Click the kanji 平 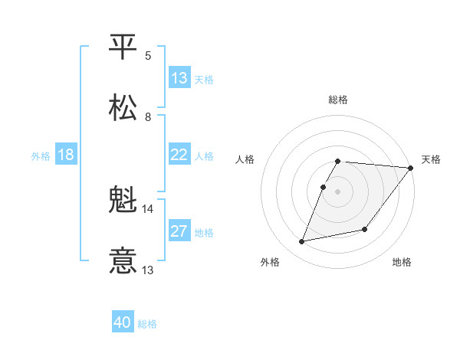pos(123,47)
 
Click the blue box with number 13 pos(179,78)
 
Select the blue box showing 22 pos(179,155)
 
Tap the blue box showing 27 pos(179,231)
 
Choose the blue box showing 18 pos(66,155)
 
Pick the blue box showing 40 pos(123,323)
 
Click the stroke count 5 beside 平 pos(148,55)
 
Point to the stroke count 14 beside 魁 pos(147,208)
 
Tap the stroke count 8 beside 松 pos(148,116)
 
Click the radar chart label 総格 pos(338,100)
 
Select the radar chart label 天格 pos(431,159)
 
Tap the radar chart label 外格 pos(270,262)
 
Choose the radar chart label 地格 pos(402,262)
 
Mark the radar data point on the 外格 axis pos(302,241)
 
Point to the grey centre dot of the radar pos(338,191)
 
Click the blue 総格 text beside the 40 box pos(147,324)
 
